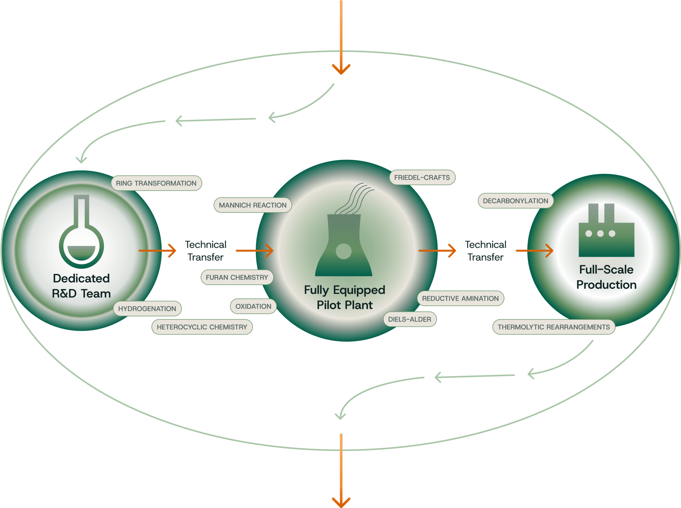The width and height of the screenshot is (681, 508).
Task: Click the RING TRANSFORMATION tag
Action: pyautogui.click(x=156, y=183)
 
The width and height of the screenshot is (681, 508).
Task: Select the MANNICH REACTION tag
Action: pyautogui.click(x=252, y=205)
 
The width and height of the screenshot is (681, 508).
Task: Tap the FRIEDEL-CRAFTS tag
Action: pyautogui.click(x=422, y=177)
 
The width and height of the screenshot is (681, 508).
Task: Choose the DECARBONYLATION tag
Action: pyautogui.click(x=516, y=201)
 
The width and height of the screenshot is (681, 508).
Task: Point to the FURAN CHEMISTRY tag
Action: pyautogui.click(x=237, y=277)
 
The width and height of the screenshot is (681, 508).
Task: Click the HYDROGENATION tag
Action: pyautogui.click(x=147, y=309)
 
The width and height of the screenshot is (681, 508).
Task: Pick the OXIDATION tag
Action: pyautogui.click(x=253, y=306)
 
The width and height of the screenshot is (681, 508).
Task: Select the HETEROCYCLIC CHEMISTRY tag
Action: pyautogui.click(x=202, y=327)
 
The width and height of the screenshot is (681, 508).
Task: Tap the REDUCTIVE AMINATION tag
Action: pyautogui.click(x=460, y=298)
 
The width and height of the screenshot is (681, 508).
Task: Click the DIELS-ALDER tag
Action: pyautogui.click(x=410, y=319)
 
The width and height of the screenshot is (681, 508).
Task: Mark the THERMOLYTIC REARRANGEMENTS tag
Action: pyautogui.click(x=554, y=327)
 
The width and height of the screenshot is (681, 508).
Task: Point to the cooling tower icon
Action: pyautogui.click(x=344, y=243)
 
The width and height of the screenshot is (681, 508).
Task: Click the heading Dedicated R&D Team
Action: pyautogui.click(x=81, y=286)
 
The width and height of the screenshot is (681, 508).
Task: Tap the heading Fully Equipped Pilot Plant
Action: pyautogui.click(x=344, y=297)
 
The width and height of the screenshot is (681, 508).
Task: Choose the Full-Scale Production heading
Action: pyautogui.click(x=606, y=277)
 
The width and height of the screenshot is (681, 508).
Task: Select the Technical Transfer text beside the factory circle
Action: pyautogui.click(x=485, y=251)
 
